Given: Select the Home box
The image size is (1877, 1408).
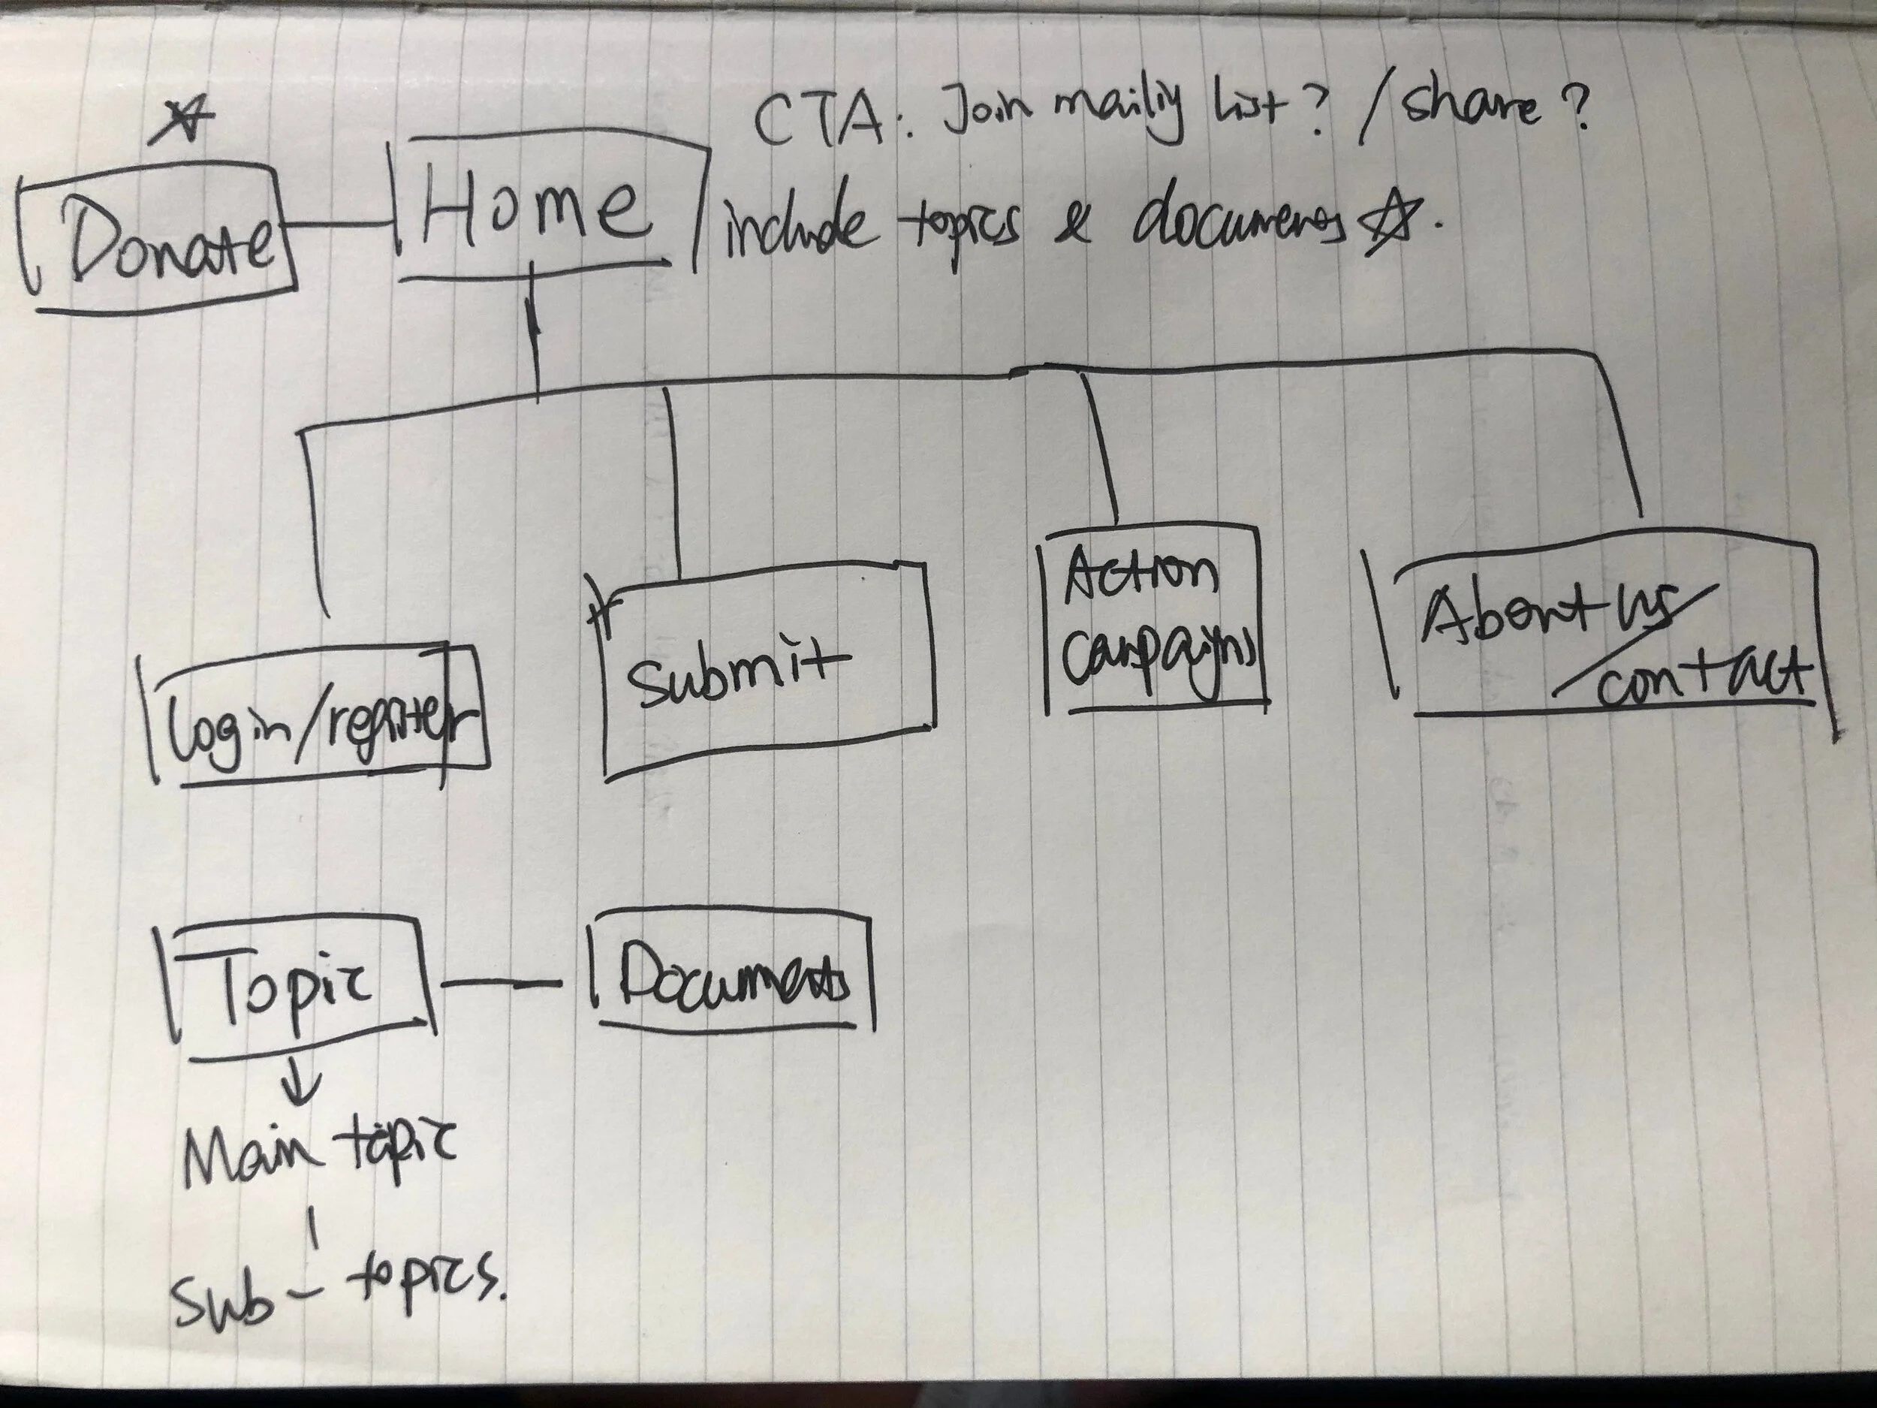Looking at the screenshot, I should click(x=543, y=213).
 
